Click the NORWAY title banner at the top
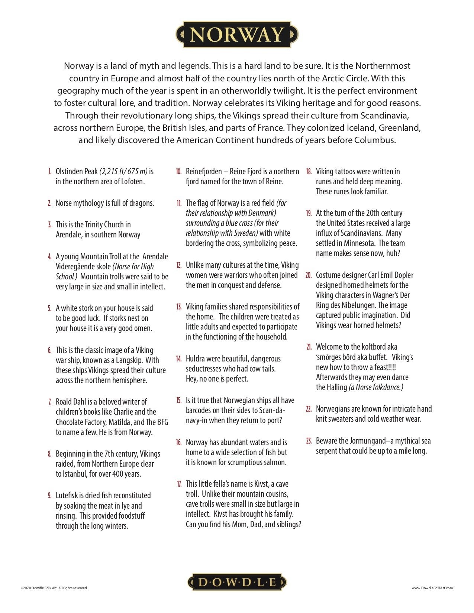pyautogui.click(x=236, y=35)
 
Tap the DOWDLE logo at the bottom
pyautogui.click(x=237, y=582)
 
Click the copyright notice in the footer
pyautogui.click(x=54, y=588)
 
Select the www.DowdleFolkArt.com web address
pyautogui.click(x=432, y=588)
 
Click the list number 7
pyautogui.click(x=49, y=402)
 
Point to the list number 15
pyautogui.click(x=179, y=400)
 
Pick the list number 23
pyautogui.click(x=309, y=441)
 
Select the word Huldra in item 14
pyautogui.click(x=195, y=359)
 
